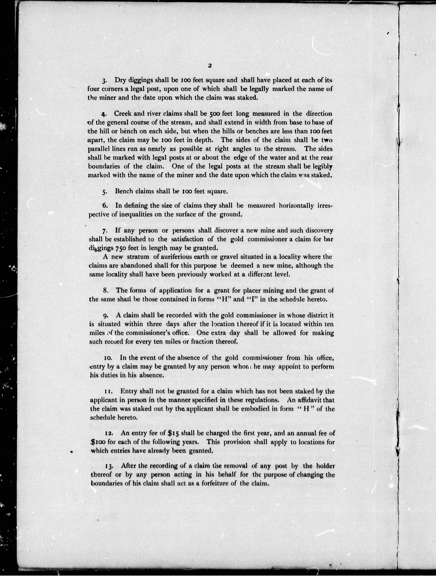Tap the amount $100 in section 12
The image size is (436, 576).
pyautogui.click(x=98, y=442)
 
